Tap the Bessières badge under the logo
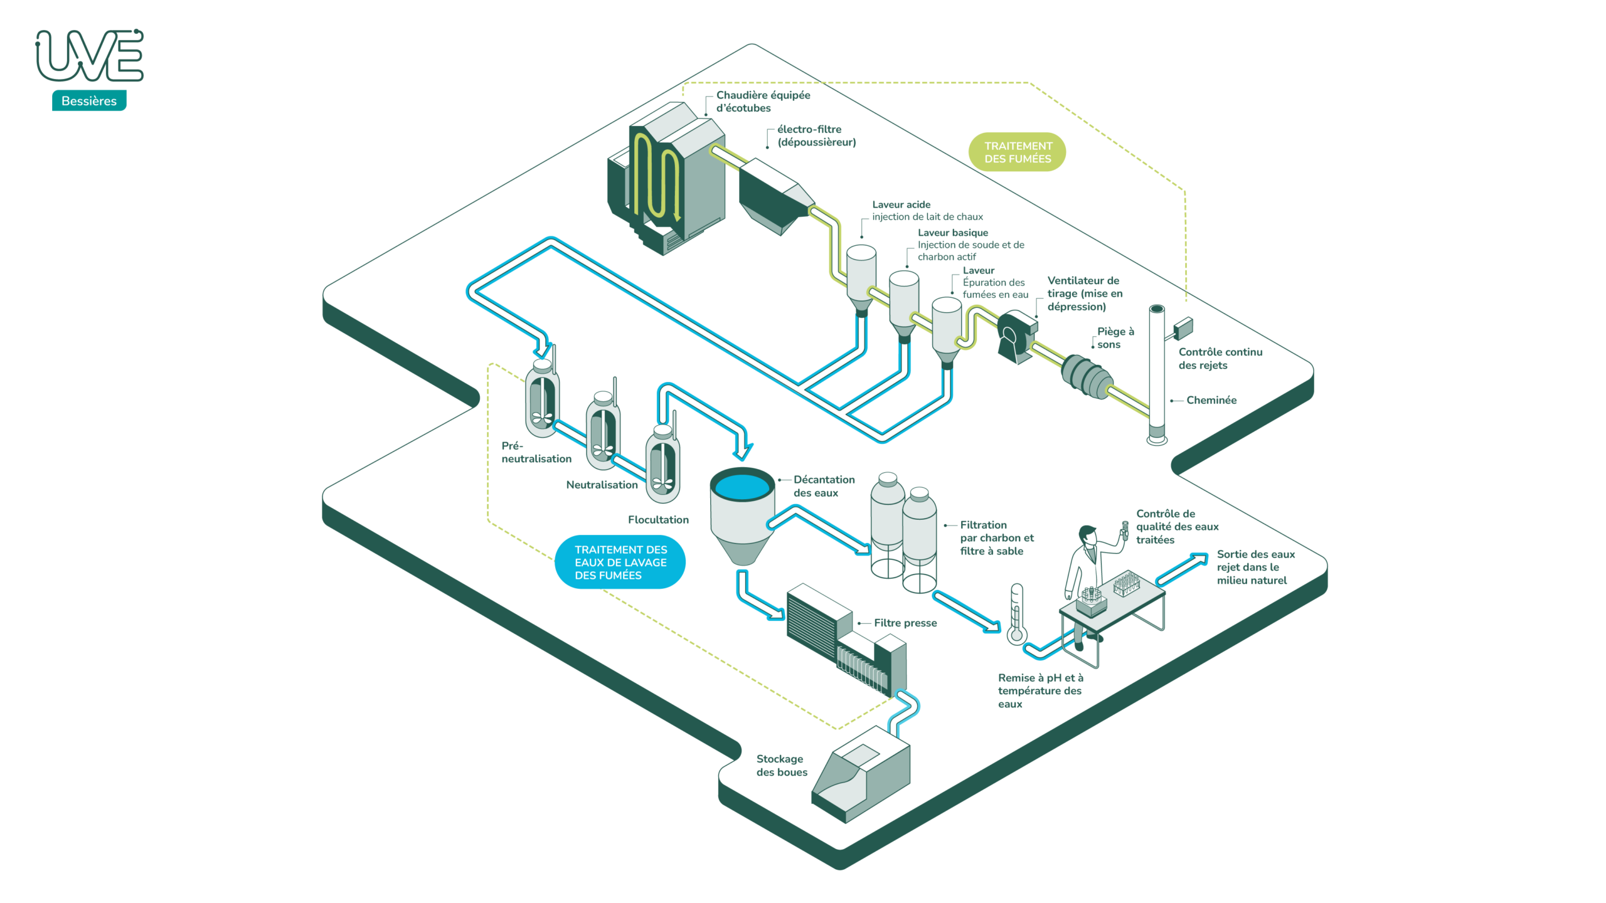click(x=89, y=101)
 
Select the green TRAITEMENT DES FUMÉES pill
click(x=1017, y=152)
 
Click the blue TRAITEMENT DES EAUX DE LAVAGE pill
click(x=620, y=562)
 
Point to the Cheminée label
click(x=1211, y=400)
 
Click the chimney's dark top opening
click(x=1157, y=309)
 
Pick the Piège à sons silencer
click(x=1087, y=376)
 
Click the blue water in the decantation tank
click(x=742, y=486)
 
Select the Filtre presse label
click(x=905, y=623)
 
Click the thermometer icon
click(x=1016, y=615)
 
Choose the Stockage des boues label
click(x=781, y=765)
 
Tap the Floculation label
click(x=658, y=519)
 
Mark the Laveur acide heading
click(x=901, y=204)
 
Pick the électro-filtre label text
click(x=816, y=135)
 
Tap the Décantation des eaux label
click(x=823, y=486)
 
